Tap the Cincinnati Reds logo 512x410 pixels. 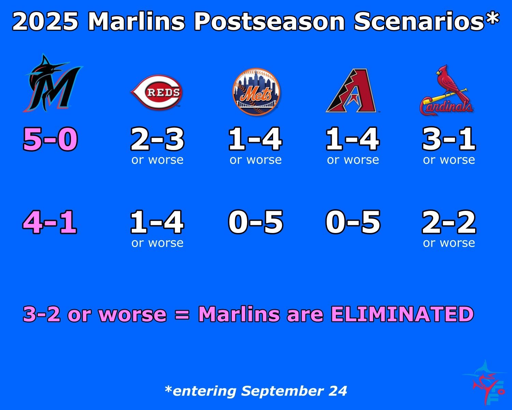click(x=157, y=92)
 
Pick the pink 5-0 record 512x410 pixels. click(x=50, y=139)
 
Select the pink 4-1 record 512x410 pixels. click(x=50, y=222)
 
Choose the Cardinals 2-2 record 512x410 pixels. click(x=449, y=222)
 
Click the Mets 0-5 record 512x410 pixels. click(x=256, y=222)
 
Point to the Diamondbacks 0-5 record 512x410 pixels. click(x=353, y=222)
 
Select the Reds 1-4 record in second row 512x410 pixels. click(x=157, y=222)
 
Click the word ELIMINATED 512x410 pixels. click(x=402, y=314)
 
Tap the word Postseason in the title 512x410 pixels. click(x=270, y=21)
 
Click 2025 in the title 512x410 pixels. click(x=45, y=21)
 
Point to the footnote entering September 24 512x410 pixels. click(x=256, y=391)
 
